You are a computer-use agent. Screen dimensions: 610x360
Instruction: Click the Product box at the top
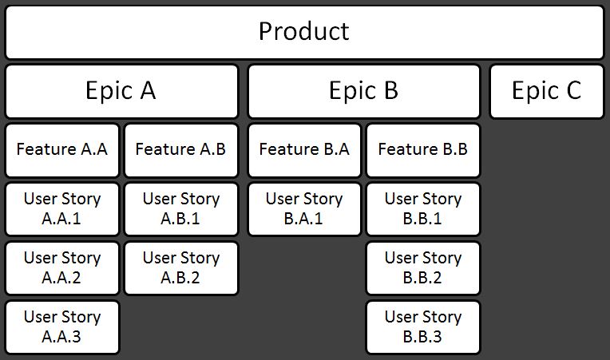[305, 32]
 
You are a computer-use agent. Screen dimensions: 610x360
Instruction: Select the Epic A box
[121, 91]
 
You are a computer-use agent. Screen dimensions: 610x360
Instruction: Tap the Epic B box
[364, 91]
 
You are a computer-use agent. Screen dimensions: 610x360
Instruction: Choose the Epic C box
[547, 91]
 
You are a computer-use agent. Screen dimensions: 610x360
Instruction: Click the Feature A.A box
[62, 150]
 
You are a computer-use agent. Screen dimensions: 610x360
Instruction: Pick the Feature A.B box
[181, 150]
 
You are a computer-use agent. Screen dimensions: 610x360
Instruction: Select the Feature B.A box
[305, 150]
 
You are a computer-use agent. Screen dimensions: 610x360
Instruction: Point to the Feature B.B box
[423, 150]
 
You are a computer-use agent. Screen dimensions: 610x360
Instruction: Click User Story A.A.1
[62, 209]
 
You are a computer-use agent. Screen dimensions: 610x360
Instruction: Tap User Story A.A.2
[62, 268]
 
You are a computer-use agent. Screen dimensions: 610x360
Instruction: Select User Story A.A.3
[62, 327]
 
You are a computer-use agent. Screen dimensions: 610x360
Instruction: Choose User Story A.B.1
[181, 209]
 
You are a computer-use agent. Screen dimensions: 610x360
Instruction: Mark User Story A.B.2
[181, 268]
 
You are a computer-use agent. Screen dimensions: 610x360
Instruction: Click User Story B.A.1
[305, 209]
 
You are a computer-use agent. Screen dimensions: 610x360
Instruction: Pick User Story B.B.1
[423, 209]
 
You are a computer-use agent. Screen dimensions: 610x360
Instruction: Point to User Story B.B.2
[423, 268]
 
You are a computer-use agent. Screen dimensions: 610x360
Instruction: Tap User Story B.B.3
[423, 327]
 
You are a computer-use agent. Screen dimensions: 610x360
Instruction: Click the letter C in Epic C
[574, 90]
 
